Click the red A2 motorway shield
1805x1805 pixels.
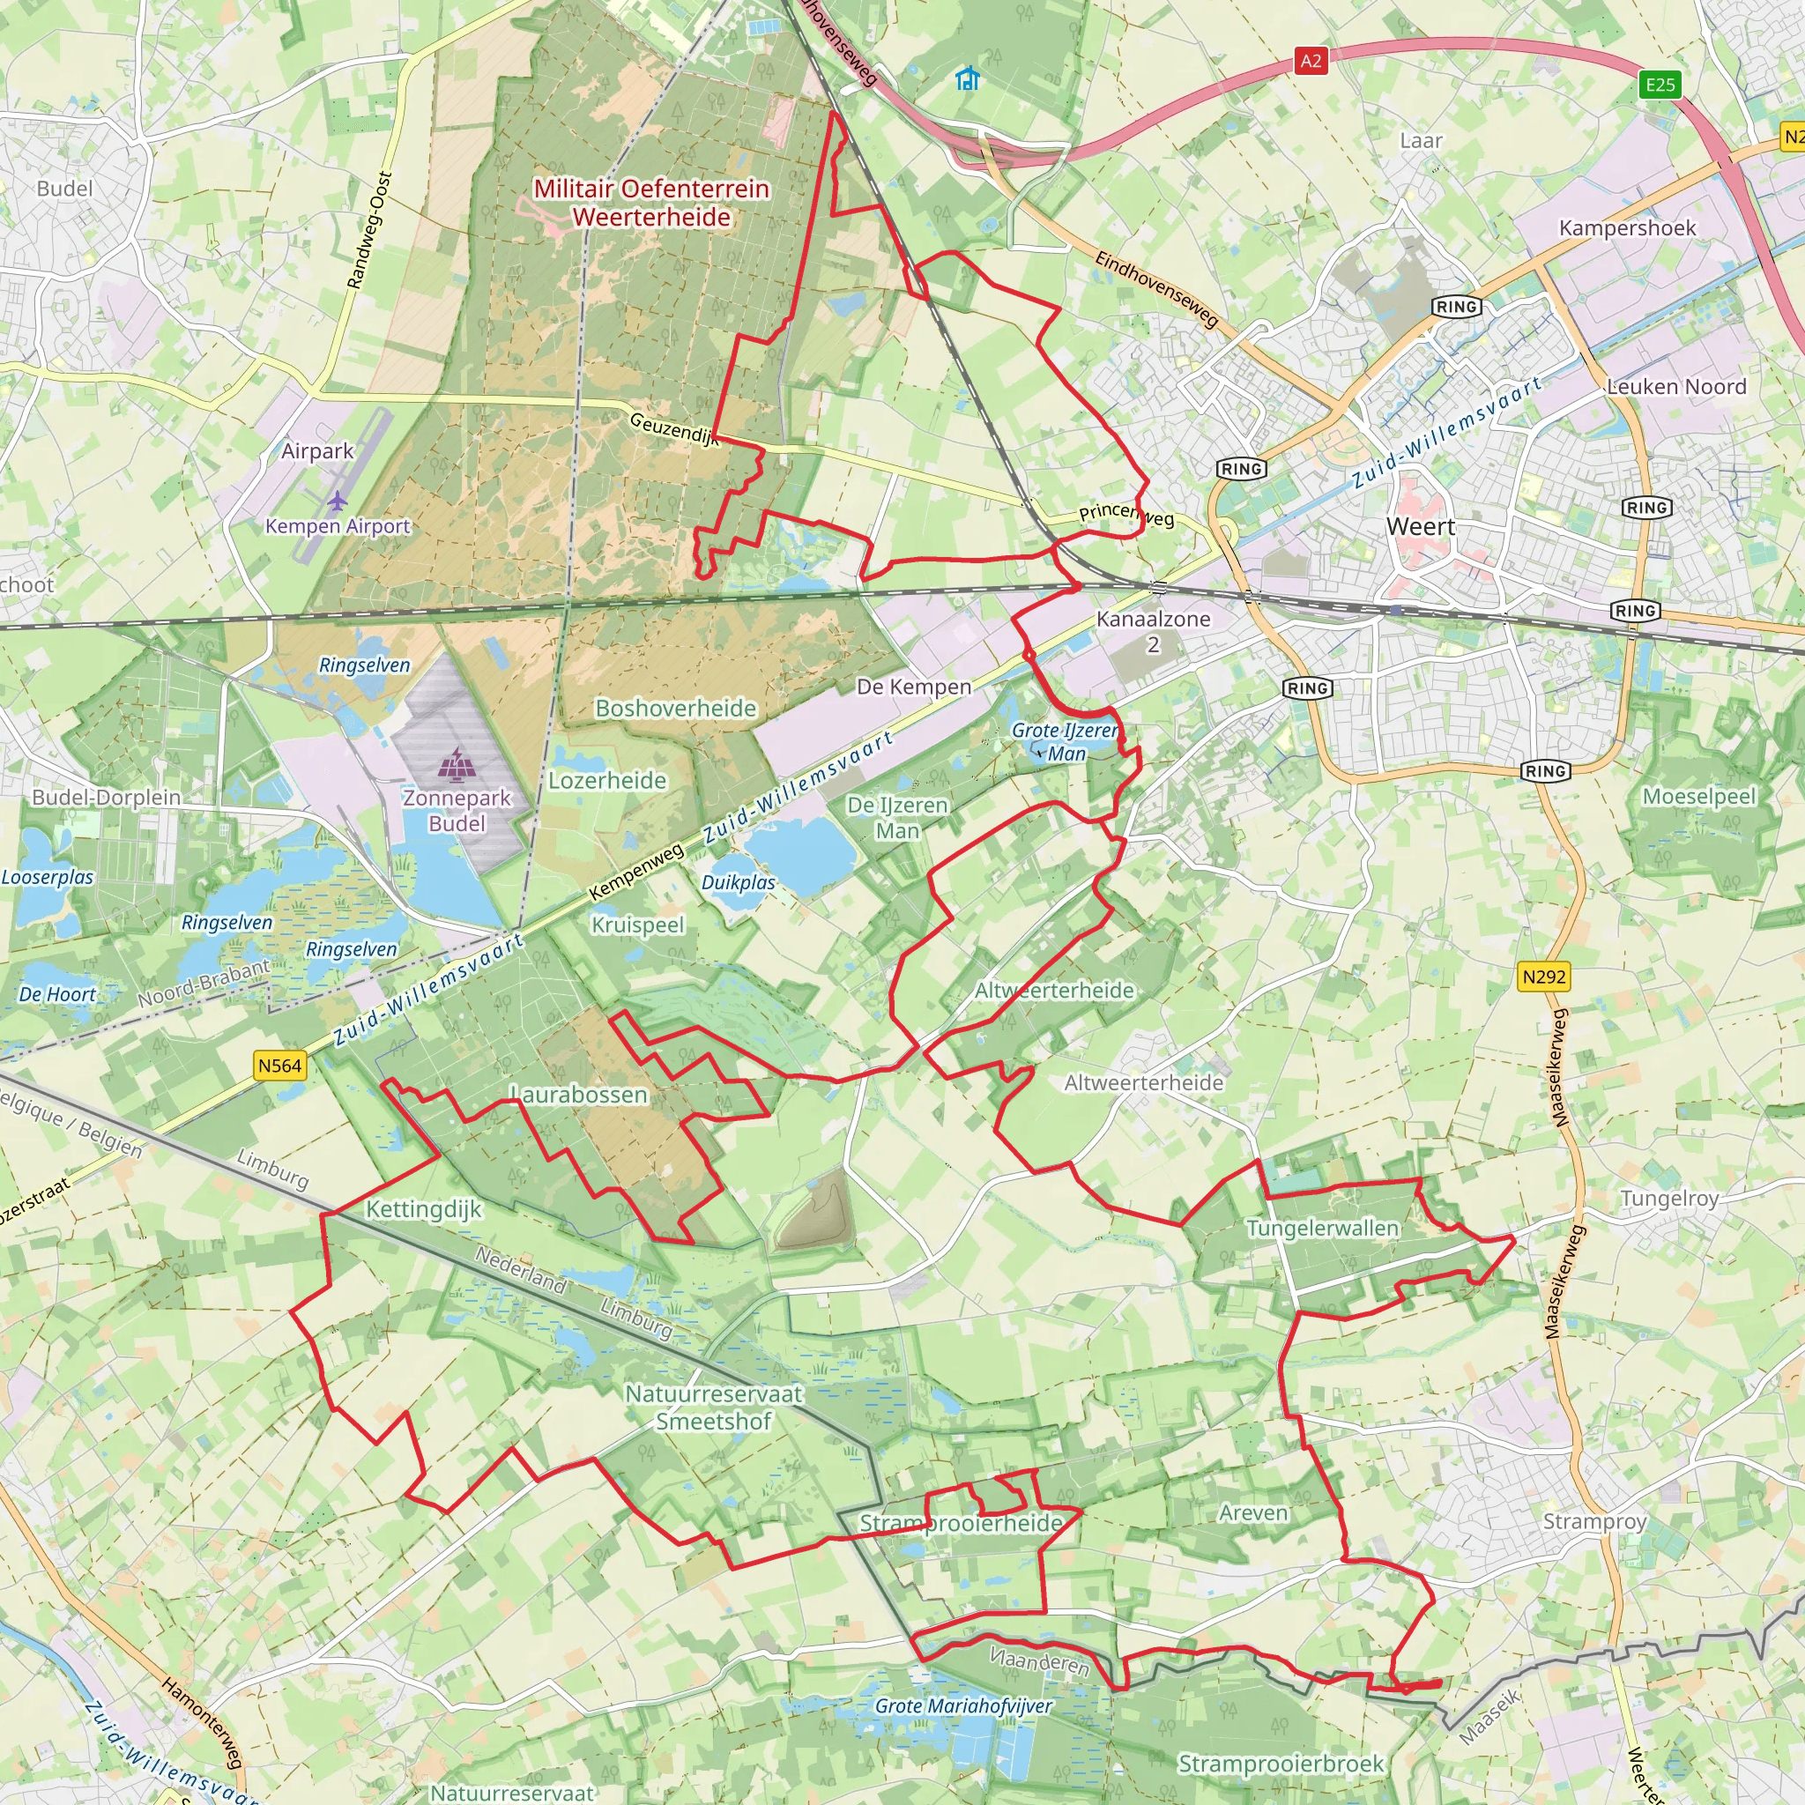1311,62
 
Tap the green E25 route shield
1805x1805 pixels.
1660,85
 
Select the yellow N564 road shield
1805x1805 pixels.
280,1065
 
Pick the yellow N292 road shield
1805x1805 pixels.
1543,977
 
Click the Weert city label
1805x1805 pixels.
1420,527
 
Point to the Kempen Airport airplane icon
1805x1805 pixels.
338,501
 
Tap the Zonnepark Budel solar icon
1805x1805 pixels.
456,763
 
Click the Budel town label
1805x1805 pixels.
64,189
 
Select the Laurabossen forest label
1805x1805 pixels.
579,1094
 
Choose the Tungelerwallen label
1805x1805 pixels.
1322,1229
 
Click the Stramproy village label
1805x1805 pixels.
1593,1522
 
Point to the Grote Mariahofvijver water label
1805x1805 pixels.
963,1706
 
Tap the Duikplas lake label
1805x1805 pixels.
738,883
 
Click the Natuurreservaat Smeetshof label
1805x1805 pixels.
714,1407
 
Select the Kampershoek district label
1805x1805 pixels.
1627,228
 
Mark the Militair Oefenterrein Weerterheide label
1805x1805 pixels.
651,203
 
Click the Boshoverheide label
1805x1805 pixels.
675,709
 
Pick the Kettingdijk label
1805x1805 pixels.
423,1210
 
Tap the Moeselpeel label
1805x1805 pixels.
1699,797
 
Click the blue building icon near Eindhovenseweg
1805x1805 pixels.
968,78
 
